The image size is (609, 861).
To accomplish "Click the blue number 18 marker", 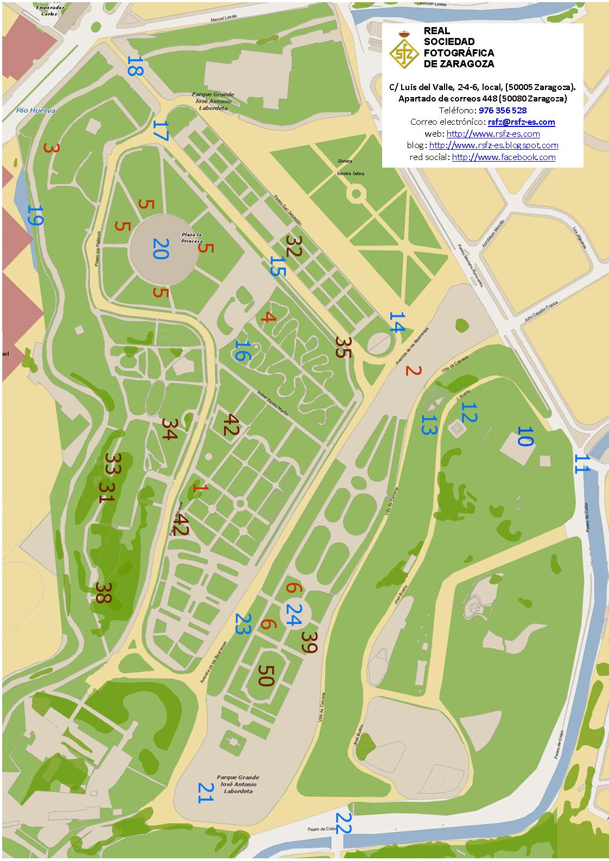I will (134, 66).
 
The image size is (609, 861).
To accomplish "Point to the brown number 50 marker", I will (266, 676).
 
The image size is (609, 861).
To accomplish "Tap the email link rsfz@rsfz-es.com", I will (521, 122).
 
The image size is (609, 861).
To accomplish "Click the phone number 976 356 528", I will (502, 110).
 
